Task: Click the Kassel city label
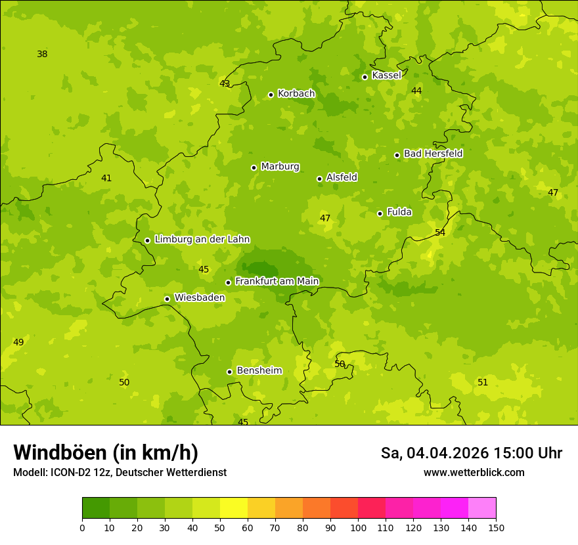[x=386, y=76]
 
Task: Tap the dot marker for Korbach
[x=271, y=95]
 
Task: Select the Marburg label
[x=280, y=167]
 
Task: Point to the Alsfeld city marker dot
[x=319, y=179]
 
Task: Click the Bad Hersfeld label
[x=433, y=154]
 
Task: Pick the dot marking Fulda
[x=380, y=213]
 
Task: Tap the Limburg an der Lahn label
[x=202, y=240]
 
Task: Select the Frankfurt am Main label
[x=277, y=281]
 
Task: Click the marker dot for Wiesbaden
[x=167, y=299]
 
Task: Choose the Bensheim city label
[x=259, y=370]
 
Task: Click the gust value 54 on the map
[x=440, y=233]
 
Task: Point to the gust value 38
[x=42, y=54]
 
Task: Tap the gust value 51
[x=483, y=383]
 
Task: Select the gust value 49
[x=18, y=343]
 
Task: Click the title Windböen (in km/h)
[x=106, y=452]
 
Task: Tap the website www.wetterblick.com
[x=474, y=473]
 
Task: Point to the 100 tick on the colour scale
[x=358, y=528]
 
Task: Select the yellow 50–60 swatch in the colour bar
[x=234, y=508]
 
